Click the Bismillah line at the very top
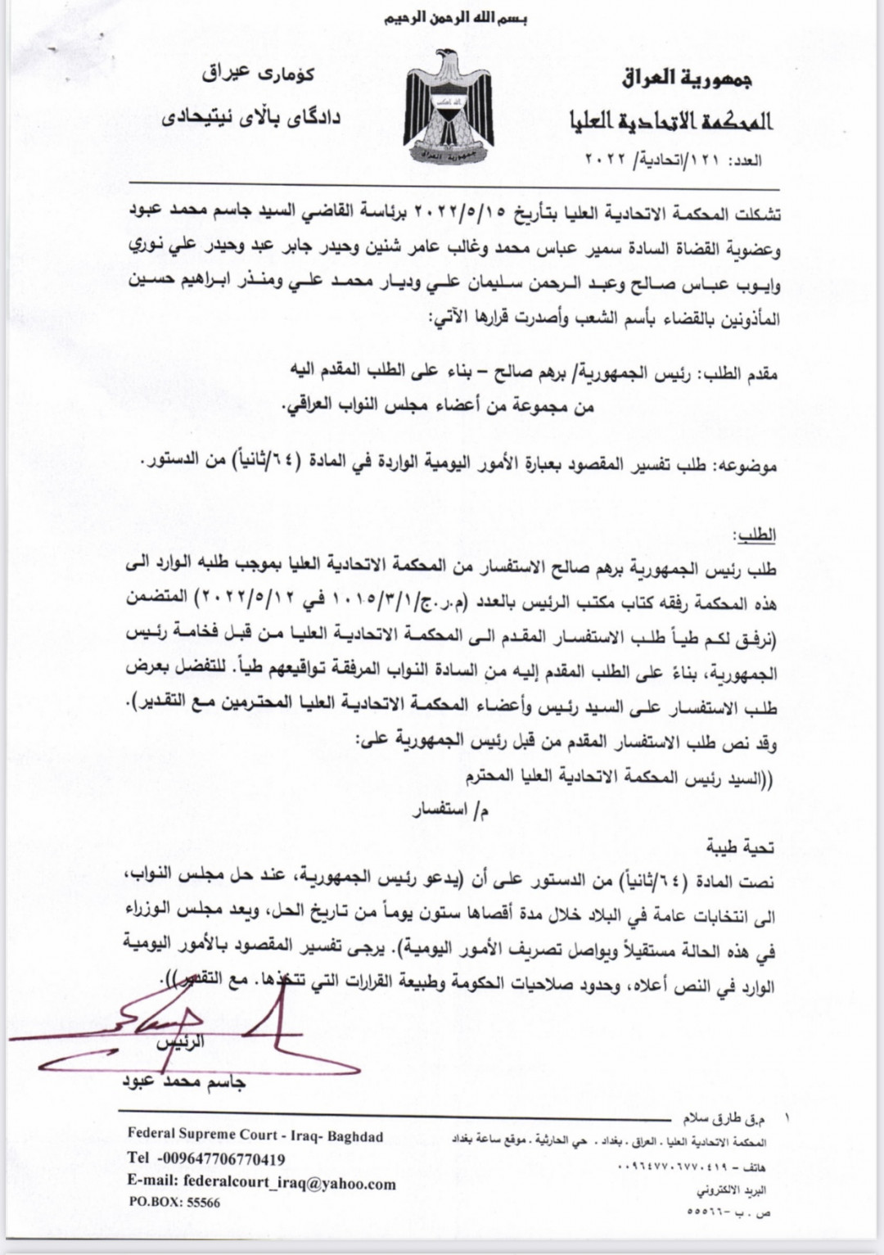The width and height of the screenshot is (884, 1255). click(x=456, y=19)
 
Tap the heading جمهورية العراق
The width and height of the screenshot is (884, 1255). click(x=687, y=79)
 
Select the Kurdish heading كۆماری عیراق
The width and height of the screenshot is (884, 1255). click(x=258, y=74)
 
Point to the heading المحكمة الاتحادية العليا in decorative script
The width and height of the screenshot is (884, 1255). click(x=671, y=121)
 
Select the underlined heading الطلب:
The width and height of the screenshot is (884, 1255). click(x=756, y=535)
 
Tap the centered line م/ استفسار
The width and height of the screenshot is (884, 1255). click(x=451, y=810)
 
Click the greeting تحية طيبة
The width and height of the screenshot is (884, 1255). click(x=740, y=848)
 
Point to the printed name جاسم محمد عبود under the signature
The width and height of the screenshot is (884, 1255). click(x=184, y=1082)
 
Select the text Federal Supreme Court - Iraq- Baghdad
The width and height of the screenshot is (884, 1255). click(x=255, y=1135)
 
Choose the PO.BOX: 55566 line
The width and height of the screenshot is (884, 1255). click(x=174, y=1203)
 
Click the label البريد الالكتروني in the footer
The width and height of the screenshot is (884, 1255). click(x=732, y=1190)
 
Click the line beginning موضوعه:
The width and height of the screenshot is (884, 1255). click(x=458, y=465)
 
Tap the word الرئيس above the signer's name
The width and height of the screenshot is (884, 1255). click(x=181, y=1042)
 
